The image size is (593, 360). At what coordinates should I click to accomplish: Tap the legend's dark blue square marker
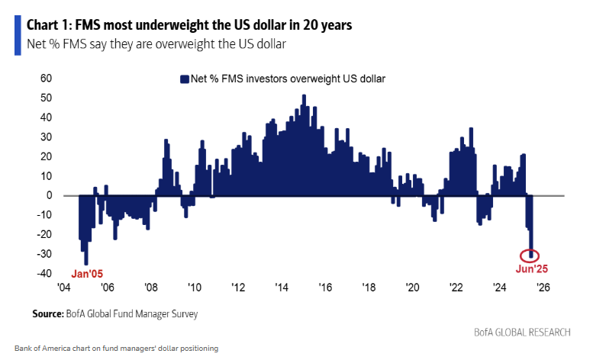tap(183, 79)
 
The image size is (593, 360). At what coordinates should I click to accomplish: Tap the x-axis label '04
tap(63, 288)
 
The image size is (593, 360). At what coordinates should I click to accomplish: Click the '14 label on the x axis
tap(281, 288)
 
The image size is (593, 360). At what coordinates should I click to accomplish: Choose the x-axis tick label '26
tap(543, 288)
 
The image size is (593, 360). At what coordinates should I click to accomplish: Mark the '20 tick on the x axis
tap(412, 288)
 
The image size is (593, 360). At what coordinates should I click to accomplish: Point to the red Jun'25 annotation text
tap(530, 268)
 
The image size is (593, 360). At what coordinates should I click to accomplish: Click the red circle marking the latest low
tap(530, 256)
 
